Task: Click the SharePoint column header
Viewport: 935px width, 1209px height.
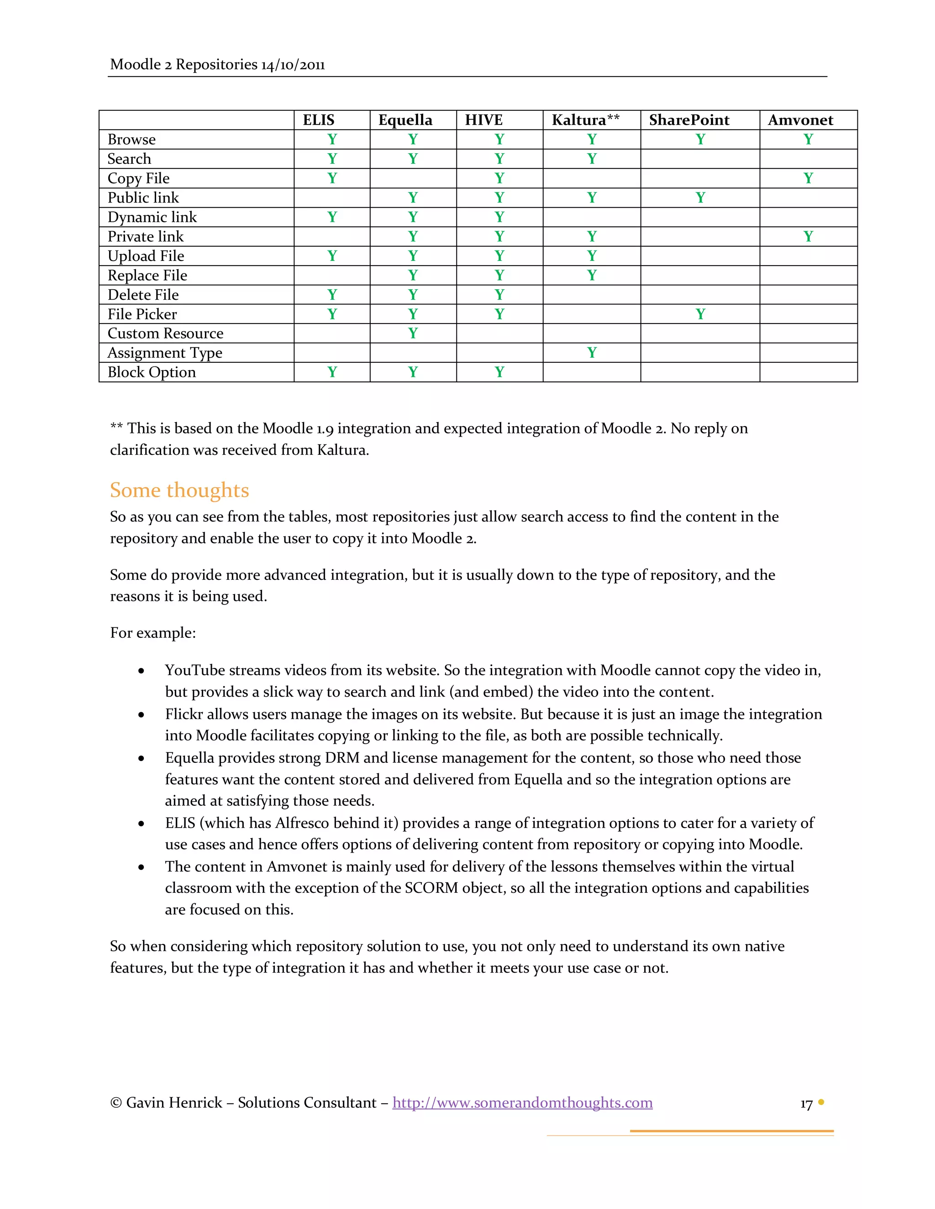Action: pyautogui.click(x=688, y=120)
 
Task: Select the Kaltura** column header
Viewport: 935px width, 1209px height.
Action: pyautogui.click(x=585, y=120)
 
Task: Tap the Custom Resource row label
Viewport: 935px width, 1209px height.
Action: pyautogui.click(x=165, y=333)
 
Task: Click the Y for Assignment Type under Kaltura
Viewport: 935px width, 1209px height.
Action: pyautogui.click(x=592, y=353)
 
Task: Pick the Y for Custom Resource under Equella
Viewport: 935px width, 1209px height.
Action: pyautogui.click(x=413, y=333)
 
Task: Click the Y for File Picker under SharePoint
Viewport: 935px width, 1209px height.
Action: pyautogui.click(x=700, y=314)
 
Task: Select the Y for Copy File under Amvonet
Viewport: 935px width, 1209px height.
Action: pyautogui.click(x=808, y=178)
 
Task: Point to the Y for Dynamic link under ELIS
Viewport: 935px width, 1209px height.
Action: pyautogui.click(x=332, y=217)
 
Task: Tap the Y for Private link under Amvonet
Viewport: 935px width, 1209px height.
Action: pyautogui.click(x=808, y=236)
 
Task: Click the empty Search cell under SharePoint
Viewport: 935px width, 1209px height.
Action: pyautogui.click(x=700, y=159)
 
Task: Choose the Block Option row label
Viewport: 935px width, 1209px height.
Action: pyautogui.click(x=151, y=372)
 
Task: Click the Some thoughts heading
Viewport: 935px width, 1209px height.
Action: pyautogui.click(x=179, y=490)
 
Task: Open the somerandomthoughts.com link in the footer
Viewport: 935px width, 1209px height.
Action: pyautogui.click(x=522, y=1102)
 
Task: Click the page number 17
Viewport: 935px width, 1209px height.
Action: pyautogui.click(x=806, y=1104)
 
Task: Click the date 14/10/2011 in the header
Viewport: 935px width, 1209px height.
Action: pyautogui.click(x=293, y=65)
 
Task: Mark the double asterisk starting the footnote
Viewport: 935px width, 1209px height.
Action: pyautogui.click(x=116, y=427)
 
